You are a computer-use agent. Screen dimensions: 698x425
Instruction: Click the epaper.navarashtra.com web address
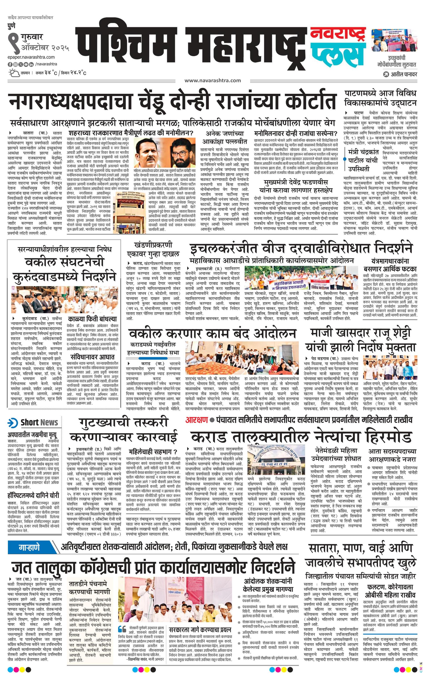coord(31,57)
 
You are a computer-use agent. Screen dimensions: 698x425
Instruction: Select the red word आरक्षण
coord(196,420)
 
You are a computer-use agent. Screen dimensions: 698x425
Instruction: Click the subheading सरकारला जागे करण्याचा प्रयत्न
coord(200,629)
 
